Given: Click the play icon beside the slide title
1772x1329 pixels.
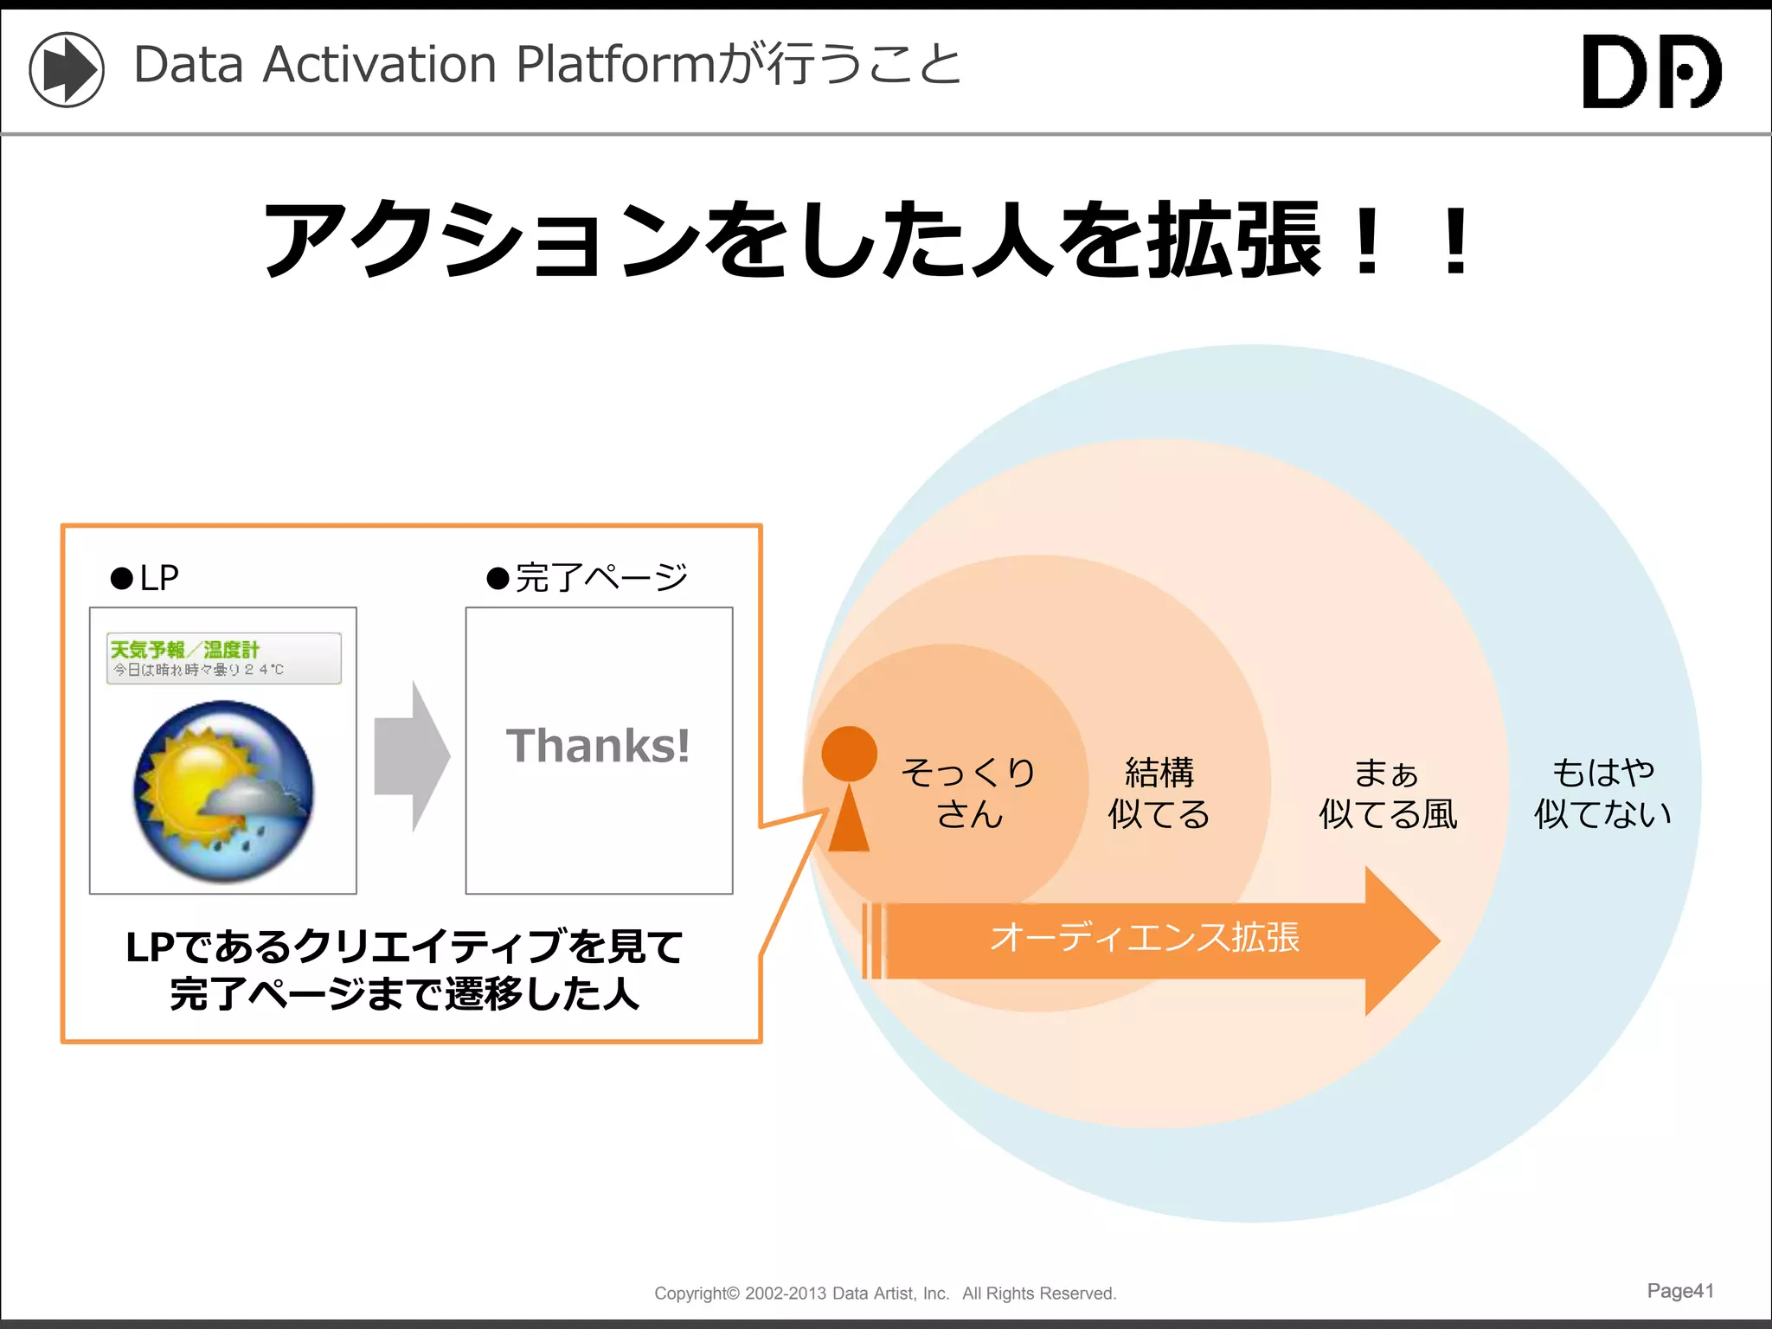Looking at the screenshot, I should pos(67,69).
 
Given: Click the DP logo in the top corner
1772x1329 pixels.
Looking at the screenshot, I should pos(1651,71).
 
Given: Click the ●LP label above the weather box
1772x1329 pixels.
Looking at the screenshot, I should pos(145,577).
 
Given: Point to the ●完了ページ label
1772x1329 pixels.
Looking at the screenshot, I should pos(587,577).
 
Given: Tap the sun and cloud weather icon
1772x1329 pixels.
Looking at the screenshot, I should pos(223,791).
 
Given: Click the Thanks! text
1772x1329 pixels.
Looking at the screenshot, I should pos(598,746).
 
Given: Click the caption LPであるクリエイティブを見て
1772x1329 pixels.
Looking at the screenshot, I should pos(404,947).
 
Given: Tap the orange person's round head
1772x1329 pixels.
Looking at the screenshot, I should pos(849,754).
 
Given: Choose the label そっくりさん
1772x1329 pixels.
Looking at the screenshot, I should pos(968,793).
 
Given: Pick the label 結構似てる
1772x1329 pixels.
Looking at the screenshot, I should pos(1159,793).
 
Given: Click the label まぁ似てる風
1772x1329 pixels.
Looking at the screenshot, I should pos(1387,793).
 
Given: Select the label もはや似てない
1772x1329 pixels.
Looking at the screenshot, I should pos(1602,793).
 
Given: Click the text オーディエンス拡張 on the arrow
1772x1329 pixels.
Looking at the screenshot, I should pos(1144,938).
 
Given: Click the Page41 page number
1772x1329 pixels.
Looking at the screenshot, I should pos(1679,1291).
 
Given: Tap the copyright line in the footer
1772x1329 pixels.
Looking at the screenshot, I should pos(885,1294).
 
